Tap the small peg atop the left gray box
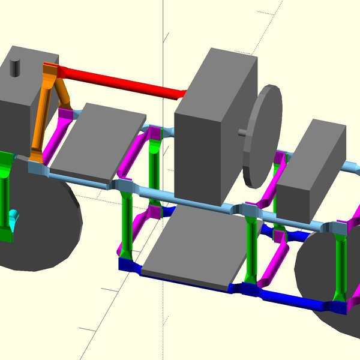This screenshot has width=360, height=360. click(16, 65)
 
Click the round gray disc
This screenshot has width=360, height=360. click(264, 135)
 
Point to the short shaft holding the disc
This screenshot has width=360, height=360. click(242, 133)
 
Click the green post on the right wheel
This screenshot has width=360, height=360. click(341, 264)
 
